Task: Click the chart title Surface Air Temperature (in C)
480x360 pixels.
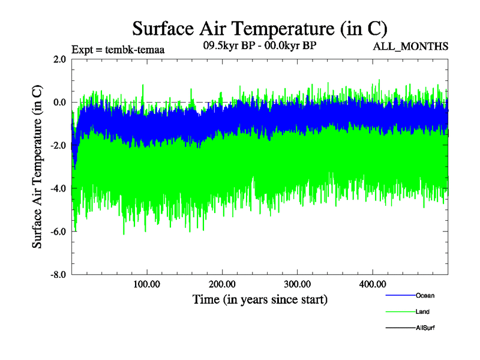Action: pos(259,28)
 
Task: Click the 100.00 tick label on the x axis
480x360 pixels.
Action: pos(146,284)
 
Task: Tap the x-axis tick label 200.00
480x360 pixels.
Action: pos(221,284)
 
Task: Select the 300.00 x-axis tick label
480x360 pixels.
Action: pos(297,284)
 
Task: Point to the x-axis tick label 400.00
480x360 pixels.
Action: pos(372,284)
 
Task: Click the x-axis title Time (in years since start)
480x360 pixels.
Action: pos(260,299)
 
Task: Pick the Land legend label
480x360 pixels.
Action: pos(422,312)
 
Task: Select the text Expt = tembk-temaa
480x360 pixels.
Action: pos(118,50)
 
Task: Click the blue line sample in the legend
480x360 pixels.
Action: pos(399,296)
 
